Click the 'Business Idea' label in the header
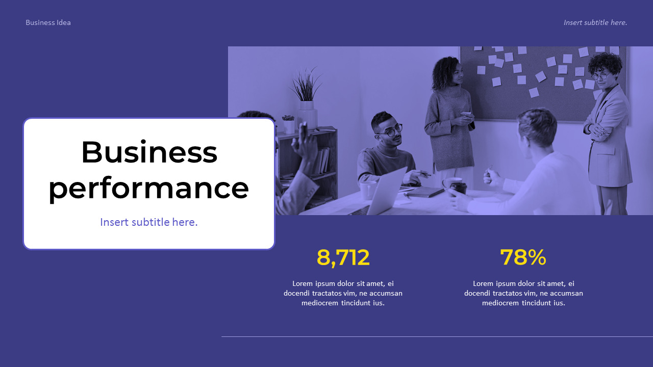48,22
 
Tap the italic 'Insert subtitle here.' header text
595,22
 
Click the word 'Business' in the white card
149,152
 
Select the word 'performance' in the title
149,188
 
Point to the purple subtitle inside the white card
149,222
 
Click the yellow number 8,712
343,257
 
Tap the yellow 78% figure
523,257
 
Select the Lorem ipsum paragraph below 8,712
343,293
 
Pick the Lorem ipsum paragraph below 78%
523,293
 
